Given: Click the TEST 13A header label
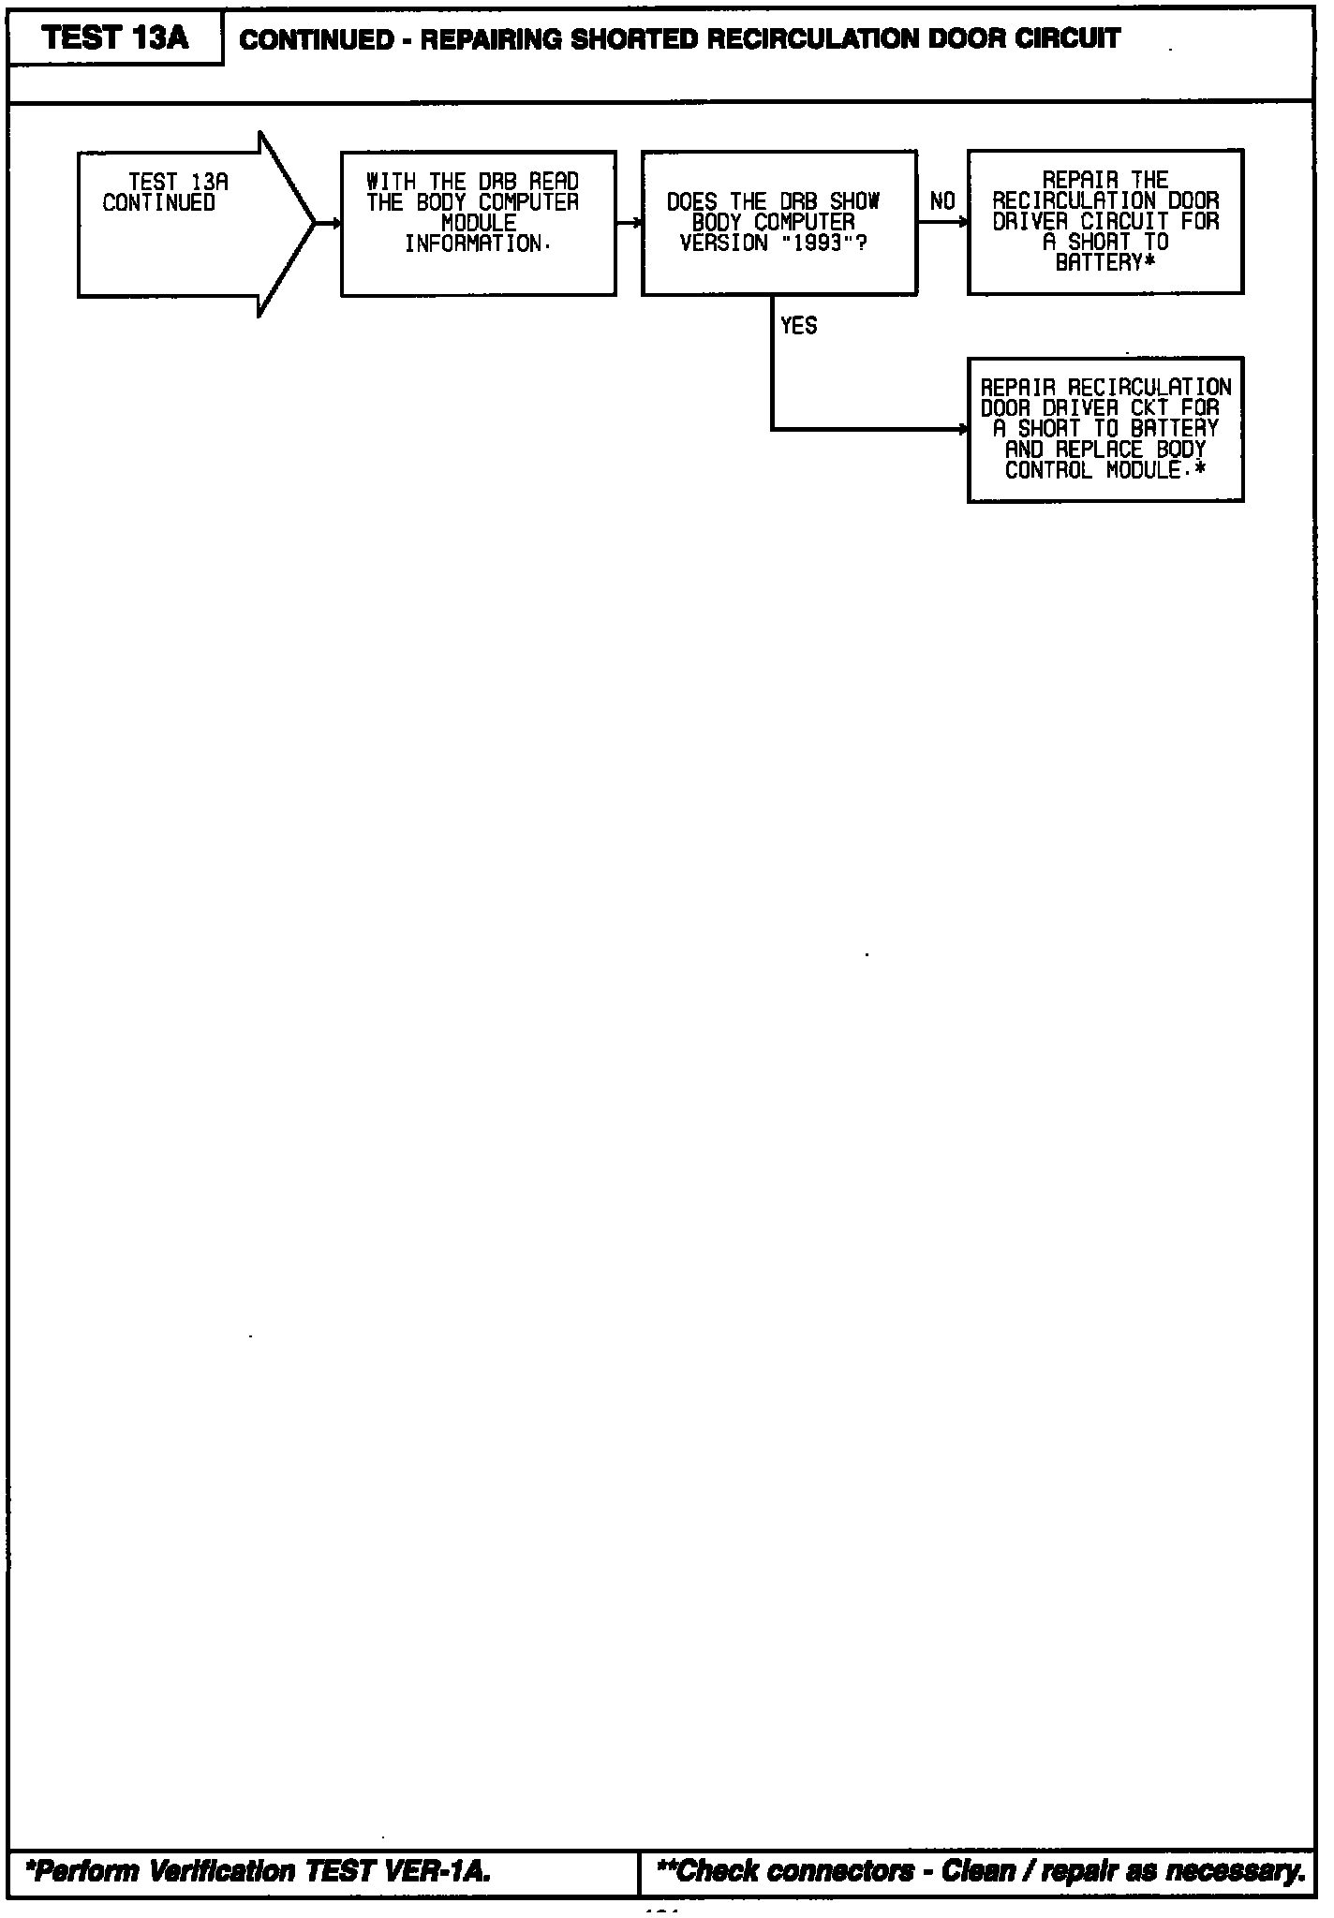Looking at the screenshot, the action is coord(115,38).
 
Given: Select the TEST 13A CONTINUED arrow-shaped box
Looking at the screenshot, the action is coord(187,224).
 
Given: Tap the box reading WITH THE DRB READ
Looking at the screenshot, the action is coord(478,223).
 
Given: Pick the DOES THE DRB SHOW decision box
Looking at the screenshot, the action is coord(778,223).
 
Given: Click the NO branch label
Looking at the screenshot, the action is coord(942,201).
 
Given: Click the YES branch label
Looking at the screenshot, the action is coord(798,326).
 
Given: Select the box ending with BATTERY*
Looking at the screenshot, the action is coord(1105,222).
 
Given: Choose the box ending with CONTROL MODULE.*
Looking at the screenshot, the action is coord(1105,430).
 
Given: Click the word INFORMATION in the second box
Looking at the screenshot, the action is coord(472,244).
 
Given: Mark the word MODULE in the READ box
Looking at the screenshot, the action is coord(479,224).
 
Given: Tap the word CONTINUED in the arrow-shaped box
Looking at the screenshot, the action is coord(158,203).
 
